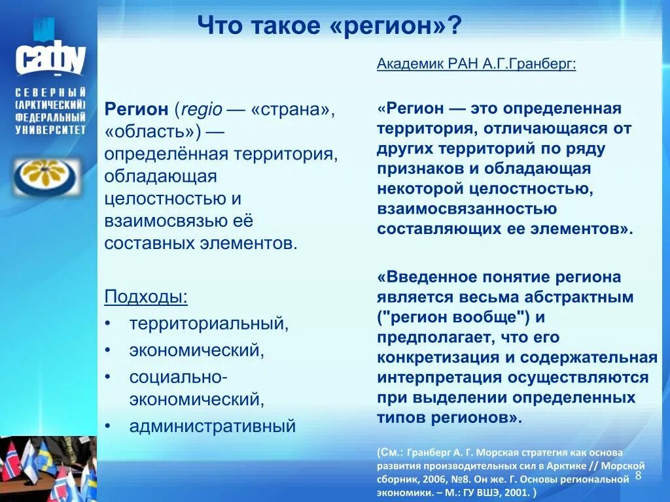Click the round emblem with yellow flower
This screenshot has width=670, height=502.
45,177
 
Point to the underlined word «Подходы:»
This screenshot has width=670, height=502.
146,297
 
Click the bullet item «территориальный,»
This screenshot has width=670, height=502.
209,324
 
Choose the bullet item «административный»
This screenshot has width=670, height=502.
213,426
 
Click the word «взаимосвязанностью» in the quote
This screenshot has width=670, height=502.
467,209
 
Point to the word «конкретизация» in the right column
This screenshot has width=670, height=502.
425,358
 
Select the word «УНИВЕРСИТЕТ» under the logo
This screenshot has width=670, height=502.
50,130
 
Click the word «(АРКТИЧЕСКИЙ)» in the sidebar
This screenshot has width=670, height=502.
50,105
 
